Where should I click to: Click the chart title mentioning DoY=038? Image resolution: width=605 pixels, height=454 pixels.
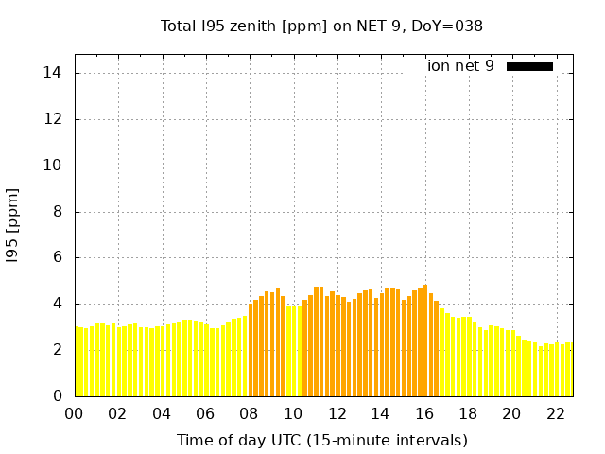[321, 26]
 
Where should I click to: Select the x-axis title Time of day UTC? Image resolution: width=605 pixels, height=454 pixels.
[321, 440]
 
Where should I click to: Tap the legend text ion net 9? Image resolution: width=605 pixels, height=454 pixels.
[460, 66]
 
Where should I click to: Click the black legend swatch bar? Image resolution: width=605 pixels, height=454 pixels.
[529, 66]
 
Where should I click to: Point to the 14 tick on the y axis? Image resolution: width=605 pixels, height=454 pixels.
[54, 73]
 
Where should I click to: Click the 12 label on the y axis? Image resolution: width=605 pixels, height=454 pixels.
[54, 119]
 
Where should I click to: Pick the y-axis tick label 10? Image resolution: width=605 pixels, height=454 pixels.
[54, 166]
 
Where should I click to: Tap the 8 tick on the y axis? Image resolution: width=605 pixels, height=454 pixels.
[58, 212]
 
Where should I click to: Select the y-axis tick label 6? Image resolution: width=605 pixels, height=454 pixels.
[58, 257]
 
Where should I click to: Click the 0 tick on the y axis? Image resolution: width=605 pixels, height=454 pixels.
[58, 395]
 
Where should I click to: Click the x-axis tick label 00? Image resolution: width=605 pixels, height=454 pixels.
[75, 413]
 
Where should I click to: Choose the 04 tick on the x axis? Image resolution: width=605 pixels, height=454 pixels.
[162, 413]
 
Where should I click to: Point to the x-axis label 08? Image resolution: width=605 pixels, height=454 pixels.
[250, 413]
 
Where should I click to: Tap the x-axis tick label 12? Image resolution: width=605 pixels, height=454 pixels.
[337, 413]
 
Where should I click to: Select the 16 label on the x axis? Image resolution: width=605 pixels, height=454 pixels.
[424, 413]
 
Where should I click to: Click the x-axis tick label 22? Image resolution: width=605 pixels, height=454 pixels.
[555, 413]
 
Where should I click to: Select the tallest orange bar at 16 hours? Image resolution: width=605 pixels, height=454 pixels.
[425, 340]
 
